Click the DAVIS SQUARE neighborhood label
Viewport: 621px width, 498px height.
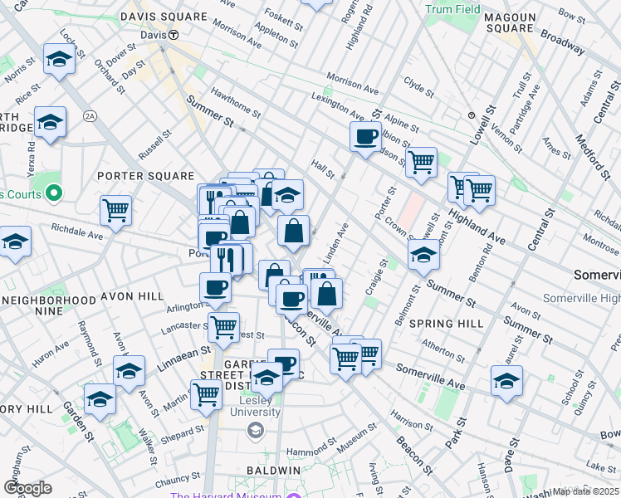tap(163, 17)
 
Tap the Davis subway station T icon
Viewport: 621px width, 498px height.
tap(174, 35)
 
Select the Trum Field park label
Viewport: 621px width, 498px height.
tap(452, 9)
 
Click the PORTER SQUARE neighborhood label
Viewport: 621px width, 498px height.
tap(137, 175)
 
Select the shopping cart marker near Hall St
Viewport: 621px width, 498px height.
tap(422, 161)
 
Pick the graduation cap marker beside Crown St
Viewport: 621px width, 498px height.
tap(423, 254)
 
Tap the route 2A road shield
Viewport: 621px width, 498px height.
tap(90, 116)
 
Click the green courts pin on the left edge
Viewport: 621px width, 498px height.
tap(54, 194)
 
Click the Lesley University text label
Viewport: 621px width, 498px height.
tap(255, 406)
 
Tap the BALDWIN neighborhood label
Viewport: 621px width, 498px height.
tap(271, 470)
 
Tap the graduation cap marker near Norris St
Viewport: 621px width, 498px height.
tap(58, 59)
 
